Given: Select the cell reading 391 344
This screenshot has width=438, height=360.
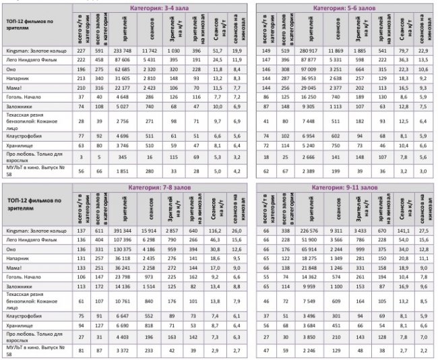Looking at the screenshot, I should [124, 231].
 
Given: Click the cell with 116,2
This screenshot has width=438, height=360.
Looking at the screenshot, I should [216, 231].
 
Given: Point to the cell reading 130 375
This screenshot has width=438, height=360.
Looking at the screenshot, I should [124, 248].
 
